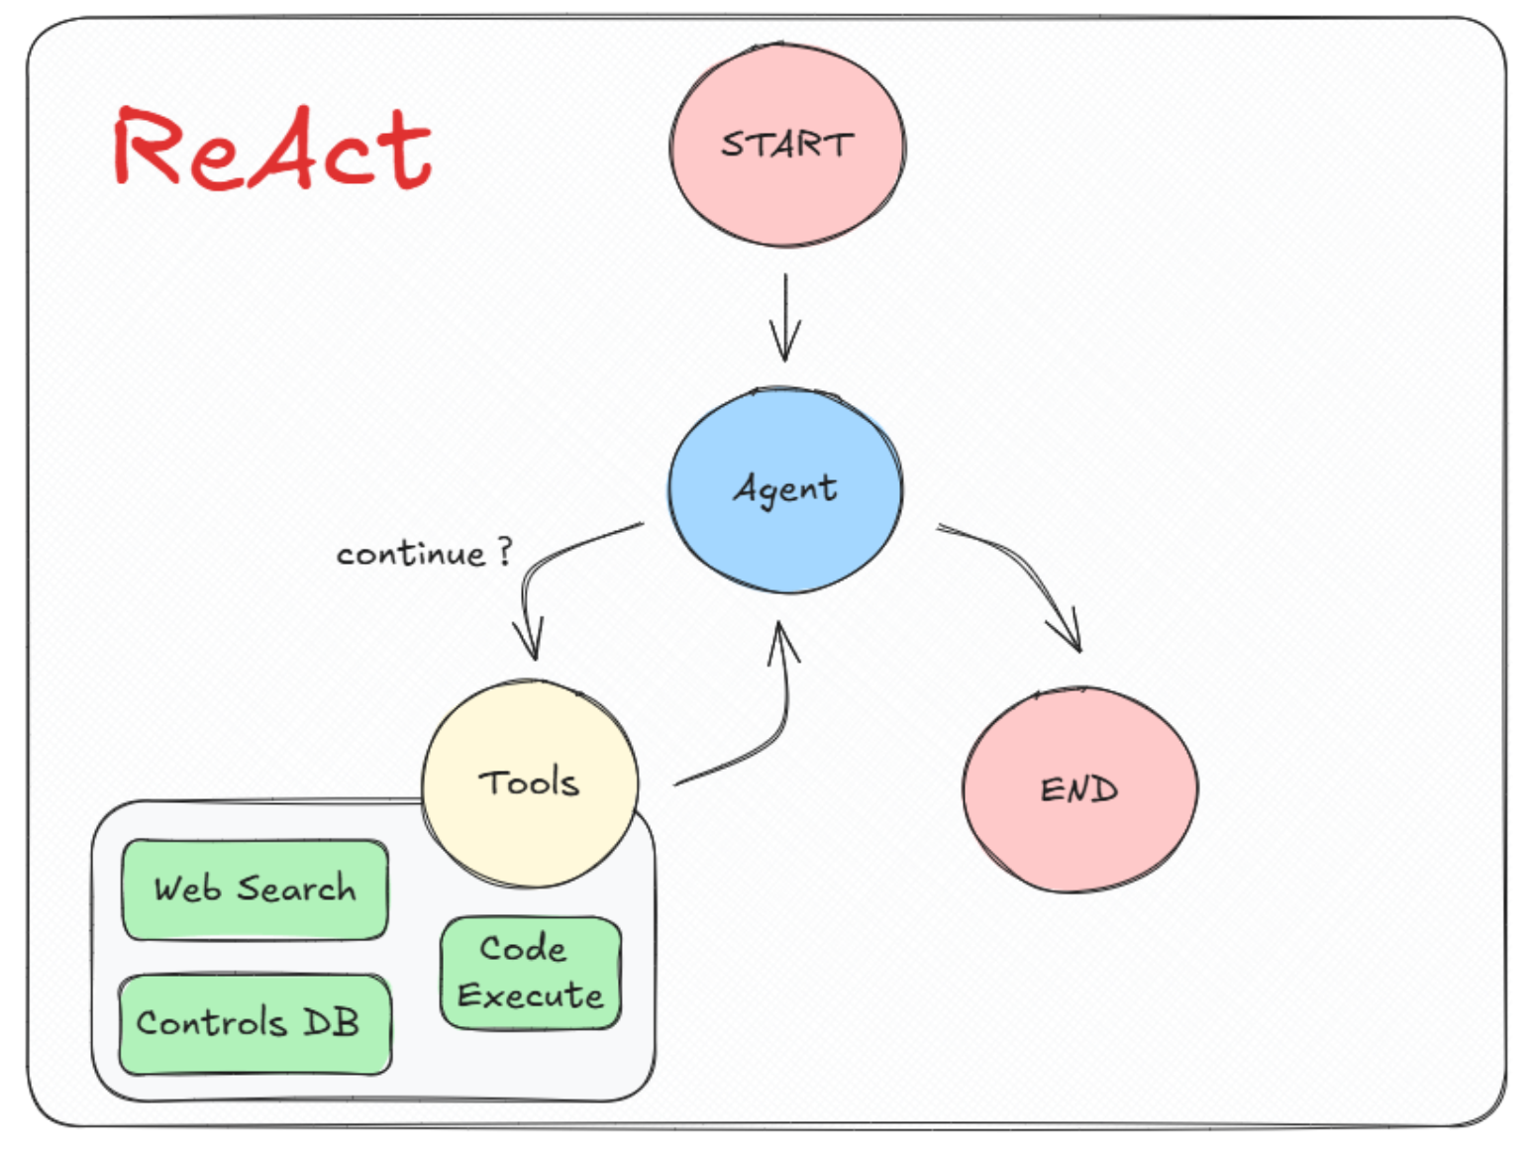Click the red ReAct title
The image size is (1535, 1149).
[x=272, y=149]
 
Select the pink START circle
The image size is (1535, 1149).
[x=787, y=145]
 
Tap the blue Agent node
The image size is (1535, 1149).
[x=785, y=489]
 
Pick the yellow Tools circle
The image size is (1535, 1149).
[x=530, y=783]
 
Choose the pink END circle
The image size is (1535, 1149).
[x=1079, y=789]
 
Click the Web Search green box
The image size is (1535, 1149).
[x=255, y=888]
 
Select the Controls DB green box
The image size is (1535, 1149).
[x=255, y=1023]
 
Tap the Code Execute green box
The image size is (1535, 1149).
[x=531, y=973]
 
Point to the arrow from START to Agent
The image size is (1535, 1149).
[x=785, y=317]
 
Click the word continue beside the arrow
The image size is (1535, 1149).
[x=411, y=554]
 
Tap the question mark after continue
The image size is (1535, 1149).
[x=505, y=550]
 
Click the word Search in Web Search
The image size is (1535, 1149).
[x=296, y=888]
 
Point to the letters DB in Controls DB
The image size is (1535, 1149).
[x=331, y=1022]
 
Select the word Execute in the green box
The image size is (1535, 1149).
[x=531, y=995]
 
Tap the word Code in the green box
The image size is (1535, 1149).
[x=523, y=949]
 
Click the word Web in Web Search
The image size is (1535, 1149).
[x=187, y=888]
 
